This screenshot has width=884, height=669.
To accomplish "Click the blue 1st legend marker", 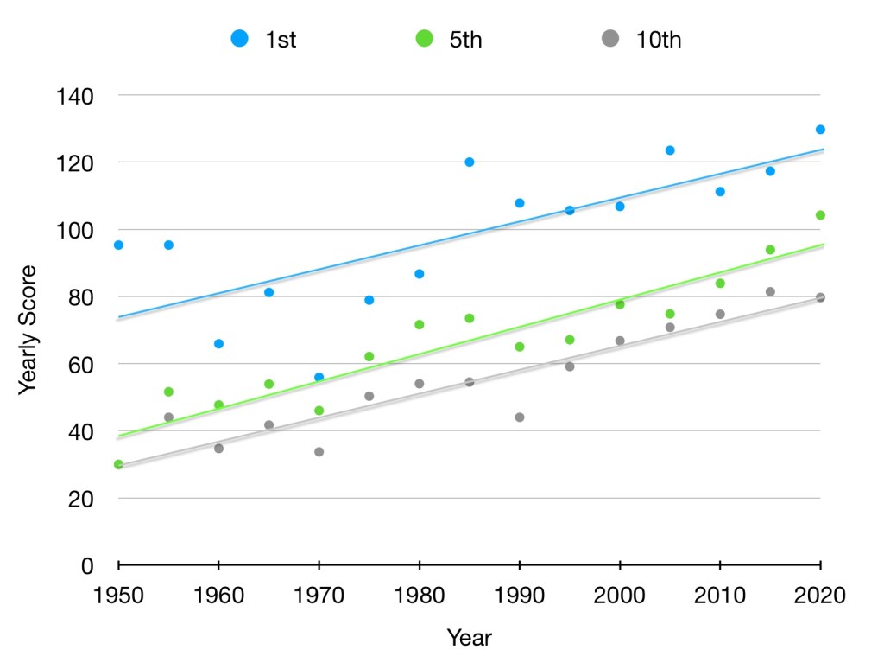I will [x=240, y=38].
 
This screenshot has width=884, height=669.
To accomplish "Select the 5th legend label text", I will [x=465, y=40].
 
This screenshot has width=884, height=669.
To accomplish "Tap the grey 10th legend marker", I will [x=610, y=38].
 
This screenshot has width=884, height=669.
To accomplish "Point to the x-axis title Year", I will [x=469, y=639].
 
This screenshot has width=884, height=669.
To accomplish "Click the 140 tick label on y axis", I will [x=76, y=95].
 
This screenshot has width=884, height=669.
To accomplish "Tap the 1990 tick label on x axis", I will [x=519, y=596].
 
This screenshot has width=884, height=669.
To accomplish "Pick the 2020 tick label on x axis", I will [x=819, y=596].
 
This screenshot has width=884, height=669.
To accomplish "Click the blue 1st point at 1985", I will [x=469, y=162].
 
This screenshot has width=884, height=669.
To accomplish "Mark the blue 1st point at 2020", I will [x=820, y=130].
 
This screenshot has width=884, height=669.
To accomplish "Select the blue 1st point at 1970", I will [x=319, y=377].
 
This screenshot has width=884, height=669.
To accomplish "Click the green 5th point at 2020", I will [x=820, y=215].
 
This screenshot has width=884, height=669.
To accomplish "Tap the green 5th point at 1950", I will [x=118, y=464].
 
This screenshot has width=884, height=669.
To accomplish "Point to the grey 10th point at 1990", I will [x=520, y=417].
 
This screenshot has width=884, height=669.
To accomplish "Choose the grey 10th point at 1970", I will [x=319, y=452].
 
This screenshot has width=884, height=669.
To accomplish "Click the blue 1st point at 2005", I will [x=669, y=150].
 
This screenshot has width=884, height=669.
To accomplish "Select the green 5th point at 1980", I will [x=420, y=325].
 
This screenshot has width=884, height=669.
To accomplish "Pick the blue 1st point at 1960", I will [x=218, y=344].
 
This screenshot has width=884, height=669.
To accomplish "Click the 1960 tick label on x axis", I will [x=218, y=596].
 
